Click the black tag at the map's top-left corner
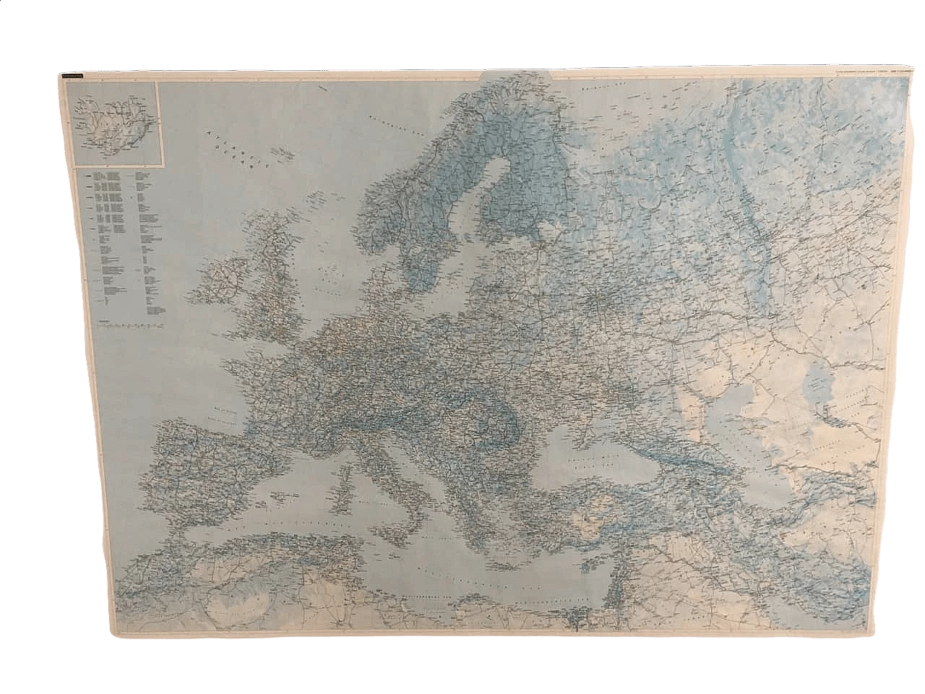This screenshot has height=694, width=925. pyautogui.click(x=72, y=78)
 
